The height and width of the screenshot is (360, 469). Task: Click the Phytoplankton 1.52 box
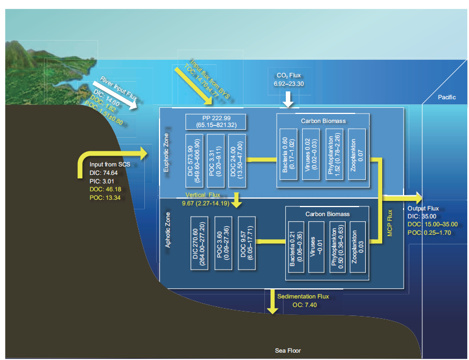coord(335,156)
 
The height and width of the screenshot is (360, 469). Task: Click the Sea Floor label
coord(287,350)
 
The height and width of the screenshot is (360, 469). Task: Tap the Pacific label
coord(446,98)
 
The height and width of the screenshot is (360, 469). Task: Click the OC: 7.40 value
coord(305,305)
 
